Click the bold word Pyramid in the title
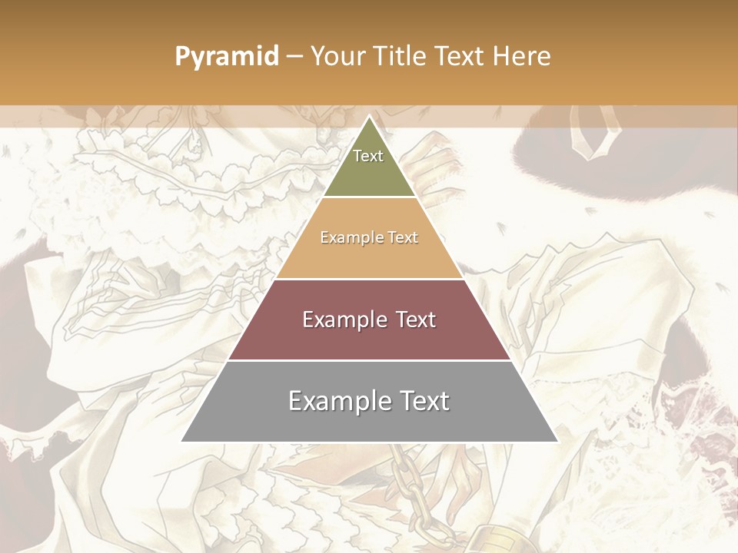click(x=226, y=56)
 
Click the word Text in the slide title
click(x=460, y=56)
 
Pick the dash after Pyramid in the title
click(x=294, y=57)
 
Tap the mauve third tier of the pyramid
click(x=369, y=338)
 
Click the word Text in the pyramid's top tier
click(x=368, y=156)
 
